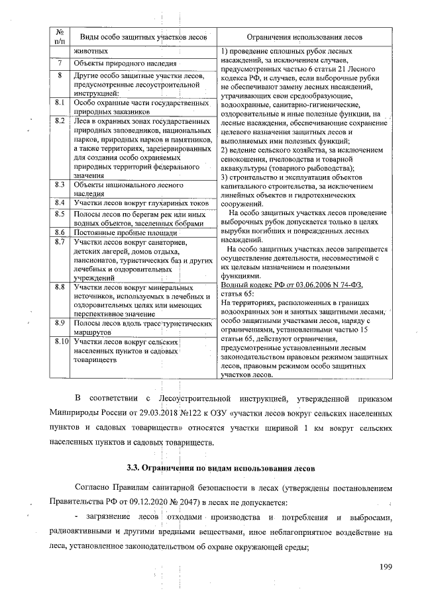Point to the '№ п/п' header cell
click(60, 36)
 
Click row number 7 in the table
click(60, 64)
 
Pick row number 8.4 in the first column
click(60, 202)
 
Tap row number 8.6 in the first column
click(60, 234)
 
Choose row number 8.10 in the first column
click(62, 342)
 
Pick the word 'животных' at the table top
click(90, 51)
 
